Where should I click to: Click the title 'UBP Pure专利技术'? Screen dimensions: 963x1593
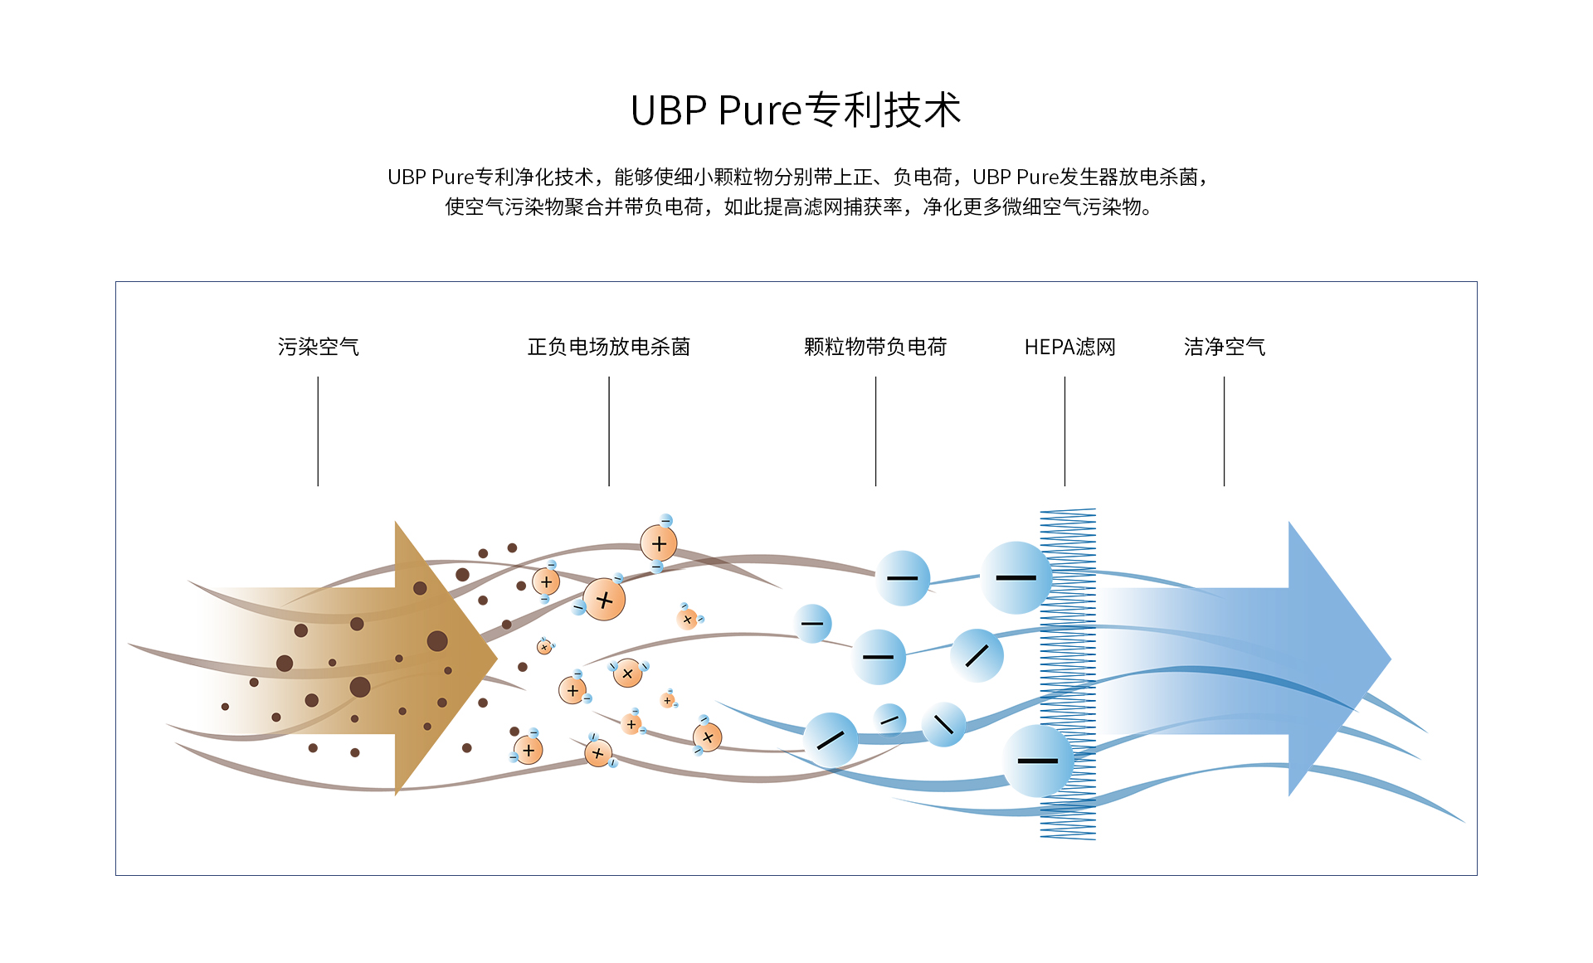(796, 110)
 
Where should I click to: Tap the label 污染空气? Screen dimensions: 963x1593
(318, 347)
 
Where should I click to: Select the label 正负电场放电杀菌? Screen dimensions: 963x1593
(608, 347)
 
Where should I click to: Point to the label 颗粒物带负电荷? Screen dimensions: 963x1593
(875, 347)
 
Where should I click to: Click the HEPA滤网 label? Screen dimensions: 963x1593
(1069, 347)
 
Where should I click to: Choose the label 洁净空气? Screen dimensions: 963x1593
(1224, 347)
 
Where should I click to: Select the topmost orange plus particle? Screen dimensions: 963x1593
(659, 544)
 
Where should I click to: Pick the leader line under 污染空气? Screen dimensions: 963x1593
(318, 431)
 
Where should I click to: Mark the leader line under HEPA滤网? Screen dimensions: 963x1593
(1064, 431)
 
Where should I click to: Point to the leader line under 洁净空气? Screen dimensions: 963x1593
(1224, 431)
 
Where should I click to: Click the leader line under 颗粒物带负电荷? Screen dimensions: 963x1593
(875, 431)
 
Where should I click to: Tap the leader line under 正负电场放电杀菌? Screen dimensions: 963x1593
(608, 431)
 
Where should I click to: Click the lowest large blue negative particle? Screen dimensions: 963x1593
(1037, 761)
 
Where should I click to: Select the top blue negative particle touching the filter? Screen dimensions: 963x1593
(1016, 577)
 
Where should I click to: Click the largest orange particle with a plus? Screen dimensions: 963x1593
(604, 600)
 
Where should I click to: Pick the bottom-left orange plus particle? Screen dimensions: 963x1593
(529, 750)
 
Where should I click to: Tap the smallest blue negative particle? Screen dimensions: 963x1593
(889, 719)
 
